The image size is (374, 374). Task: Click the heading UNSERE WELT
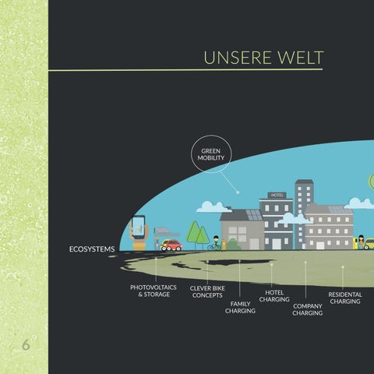263,58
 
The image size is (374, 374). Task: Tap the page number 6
26,345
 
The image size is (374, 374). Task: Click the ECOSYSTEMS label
92,249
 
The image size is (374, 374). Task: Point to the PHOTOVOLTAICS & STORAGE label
153,291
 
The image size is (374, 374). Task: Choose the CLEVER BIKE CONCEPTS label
207,291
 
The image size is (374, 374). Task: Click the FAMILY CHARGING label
240,307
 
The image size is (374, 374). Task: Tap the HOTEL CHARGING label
274,296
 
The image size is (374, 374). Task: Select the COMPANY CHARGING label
308,309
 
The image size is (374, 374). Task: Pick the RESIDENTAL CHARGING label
345,298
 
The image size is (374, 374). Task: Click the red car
171,245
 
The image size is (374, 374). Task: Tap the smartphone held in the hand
139,227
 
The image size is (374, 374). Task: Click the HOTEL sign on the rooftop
277,195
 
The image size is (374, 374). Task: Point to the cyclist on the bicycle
214,243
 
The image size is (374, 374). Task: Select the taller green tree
193,231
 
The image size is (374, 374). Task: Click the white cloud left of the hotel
213,207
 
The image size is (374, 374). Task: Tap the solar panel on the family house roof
254,215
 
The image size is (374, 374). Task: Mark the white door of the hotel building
277,244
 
